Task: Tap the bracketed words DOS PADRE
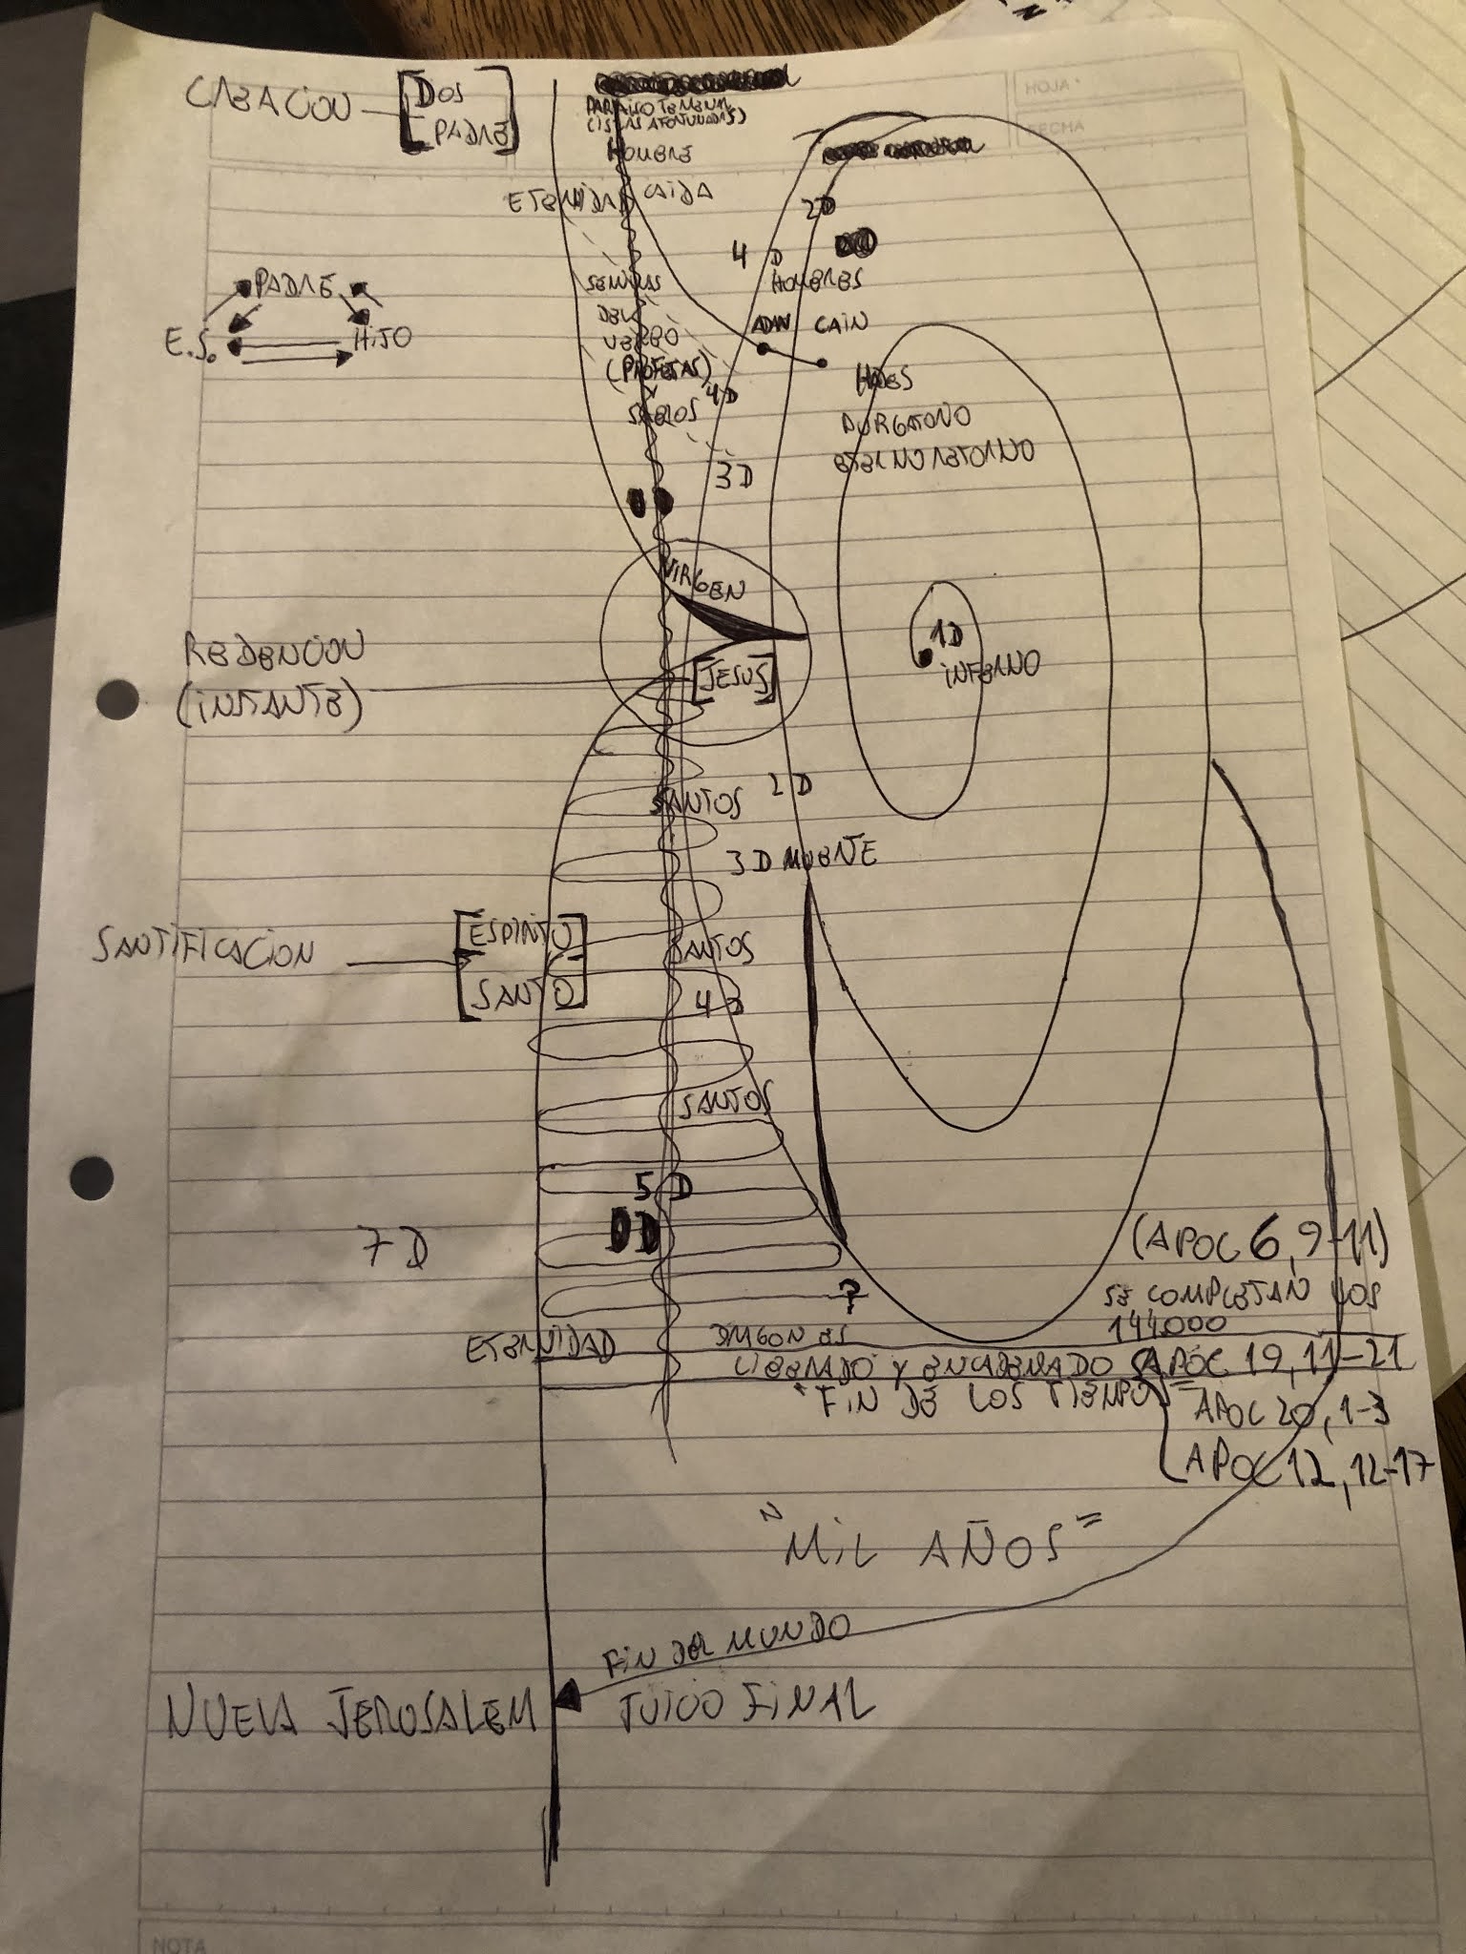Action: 456,113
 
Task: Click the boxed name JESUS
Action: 733,679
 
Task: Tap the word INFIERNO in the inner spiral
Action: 992,667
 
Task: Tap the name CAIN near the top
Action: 841,323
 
